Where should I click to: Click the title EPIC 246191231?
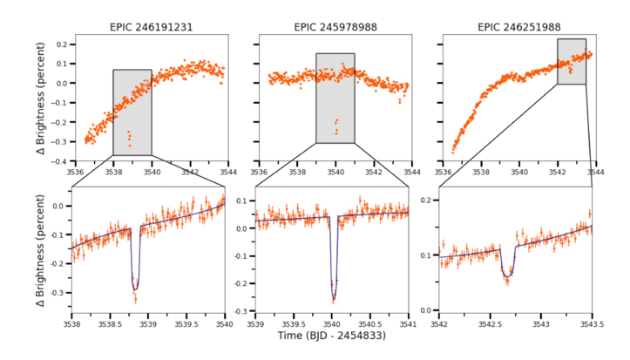click(x=152, y=27)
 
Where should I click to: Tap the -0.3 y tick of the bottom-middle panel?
click(x=245, y=311)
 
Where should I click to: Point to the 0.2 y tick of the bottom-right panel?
click(x=430, y=200)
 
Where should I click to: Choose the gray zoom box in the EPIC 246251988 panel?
click(x=571, y=61)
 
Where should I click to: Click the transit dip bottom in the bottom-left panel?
click(x=135, y=288)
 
